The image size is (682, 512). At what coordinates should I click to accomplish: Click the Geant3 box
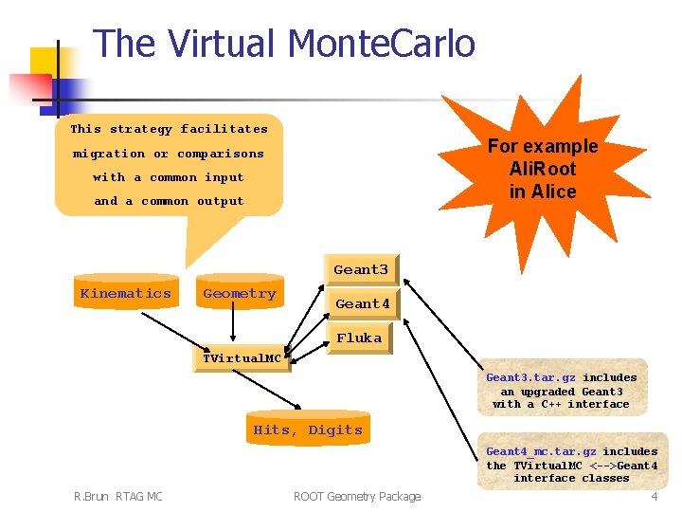click(361, 270)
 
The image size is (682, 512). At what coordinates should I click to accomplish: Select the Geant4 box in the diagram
click(364, 304)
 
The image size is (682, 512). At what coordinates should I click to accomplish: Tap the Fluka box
click(359, 338)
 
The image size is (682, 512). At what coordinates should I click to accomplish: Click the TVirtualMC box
click(242, 359)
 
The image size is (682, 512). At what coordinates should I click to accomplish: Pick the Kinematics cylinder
click(126, 294)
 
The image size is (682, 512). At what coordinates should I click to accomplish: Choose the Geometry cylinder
click(240, 294)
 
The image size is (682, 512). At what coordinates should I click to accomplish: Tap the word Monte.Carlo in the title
click(381, 44)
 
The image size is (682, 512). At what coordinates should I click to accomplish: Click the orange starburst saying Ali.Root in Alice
click(543, 169)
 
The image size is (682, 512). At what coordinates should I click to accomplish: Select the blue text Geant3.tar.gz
click(529, 377)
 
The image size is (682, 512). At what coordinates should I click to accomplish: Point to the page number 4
click(654, 497)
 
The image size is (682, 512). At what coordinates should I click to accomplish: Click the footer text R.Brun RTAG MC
click(118, 497)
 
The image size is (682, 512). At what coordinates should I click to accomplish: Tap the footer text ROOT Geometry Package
click(357, 497)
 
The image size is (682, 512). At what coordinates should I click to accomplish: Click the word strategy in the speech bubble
click(141, 129)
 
